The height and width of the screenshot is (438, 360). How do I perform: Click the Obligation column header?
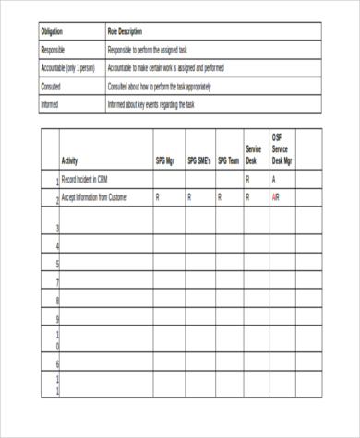[x=53, y=31]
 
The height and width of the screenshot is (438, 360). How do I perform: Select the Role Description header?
[x=126, y=31]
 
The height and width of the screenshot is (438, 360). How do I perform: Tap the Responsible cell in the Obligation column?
[x=54, y=50]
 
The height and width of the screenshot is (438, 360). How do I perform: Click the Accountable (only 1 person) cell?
[x=68, y=67]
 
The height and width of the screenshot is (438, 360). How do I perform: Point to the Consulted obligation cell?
[x=52, y=86]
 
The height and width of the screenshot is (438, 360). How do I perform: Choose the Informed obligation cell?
[x=51, y=104]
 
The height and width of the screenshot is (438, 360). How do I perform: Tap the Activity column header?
[x=70, y=160]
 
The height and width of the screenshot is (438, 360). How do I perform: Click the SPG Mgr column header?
[x=164, y=160]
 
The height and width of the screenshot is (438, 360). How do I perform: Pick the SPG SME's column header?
[x=199, y=160]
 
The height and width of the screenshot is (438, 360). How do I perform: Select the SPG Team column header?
[x=228, y=160]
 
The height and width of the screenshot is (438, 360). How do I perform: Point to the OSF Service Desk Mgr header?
[x=282, y=148]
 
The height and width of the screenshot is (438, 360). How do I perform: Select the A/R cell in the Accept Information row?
[x=276, y=197]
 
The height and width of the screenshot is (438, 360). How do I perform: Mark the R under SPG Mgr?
[x=157, y=197]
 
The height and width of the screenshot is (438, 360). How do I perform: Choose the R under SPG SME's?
[x=189, y=197]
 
